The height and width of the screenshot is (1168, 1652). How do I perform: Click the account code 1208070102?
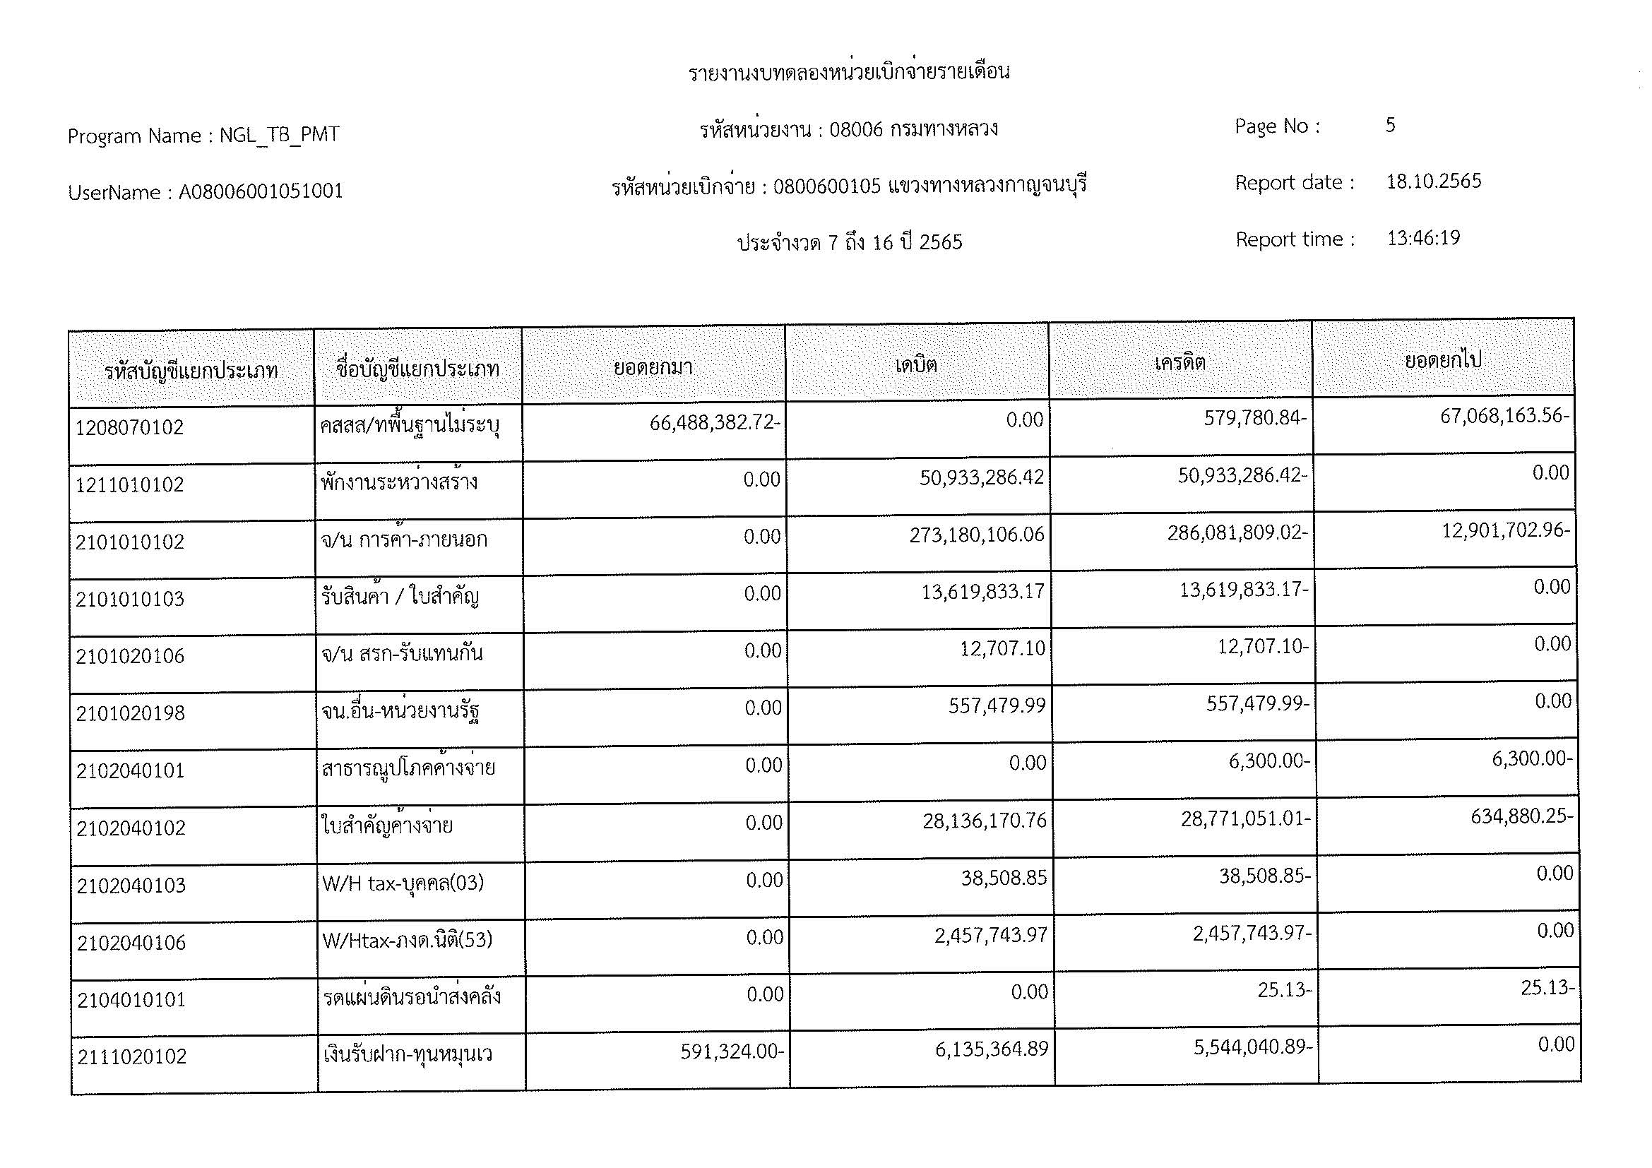pos(129,428)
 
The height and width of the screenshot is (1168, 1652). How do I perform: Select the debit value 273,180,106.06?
pos(976,535)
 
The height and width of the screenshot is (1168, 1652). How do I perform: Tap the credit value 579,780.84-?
pos(1255,418)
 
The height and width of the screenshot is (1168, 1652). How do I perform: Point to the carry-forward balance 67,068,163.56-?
pos(1504,416)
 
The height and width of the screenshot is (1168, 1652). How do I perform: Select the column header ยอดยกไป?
pos(1443,359)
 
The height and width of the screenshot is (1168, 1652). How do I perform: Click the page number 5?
pos(1390,125)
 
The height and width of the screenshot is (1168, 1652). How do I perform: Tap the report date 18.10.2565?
pos(1433,181)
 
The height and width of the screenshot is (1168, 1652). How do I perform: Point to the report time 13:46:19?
pos(1423,238)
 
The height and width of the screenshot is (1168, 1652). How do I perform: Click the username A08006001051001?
pos(261,192)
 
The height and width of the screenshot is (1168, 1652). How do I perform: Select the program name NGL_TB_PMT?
pos(279,135)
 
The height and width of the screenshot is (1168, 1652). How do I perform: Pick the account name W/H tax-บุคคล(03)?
pos(402,883)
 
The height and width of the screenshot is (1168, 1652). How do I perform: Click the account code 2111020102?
pos(131,1056)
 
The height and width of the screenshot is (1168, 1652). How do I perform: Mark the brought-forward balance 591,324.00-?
pos(731,1052)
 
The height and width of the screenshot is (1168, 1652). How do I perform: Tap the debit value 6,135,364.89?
pos(991,1049)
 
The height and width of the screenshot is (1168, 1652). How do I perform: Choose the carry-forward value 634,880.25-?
pos(1521,816)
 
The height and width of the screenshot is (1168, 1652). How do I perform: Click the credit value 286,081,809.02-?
pos(1237,533)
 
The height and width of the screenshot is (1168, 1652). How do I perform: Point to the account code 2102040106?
pos(131,943)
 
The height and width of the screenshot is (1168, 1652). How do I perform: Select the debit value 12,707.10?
pos(1002,649)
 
